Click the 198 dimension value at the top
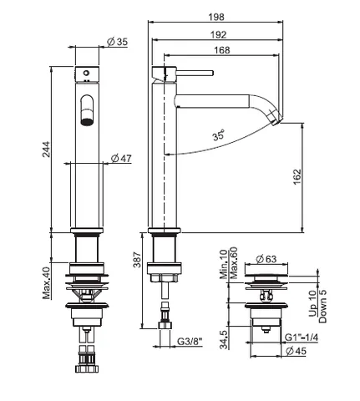[216, 17]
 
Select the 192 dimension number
[219, 34]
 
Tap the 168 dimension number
[222, 50]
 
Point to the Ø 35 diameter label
[118, 42]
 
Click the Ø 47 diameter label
[121, 158]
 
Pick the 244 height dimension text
[46, 150]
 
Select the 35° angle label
[219, 135]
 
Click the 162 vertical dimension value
[297, 176]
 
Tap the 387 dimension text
[137, 260]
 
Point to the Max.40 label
[47, 283]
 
